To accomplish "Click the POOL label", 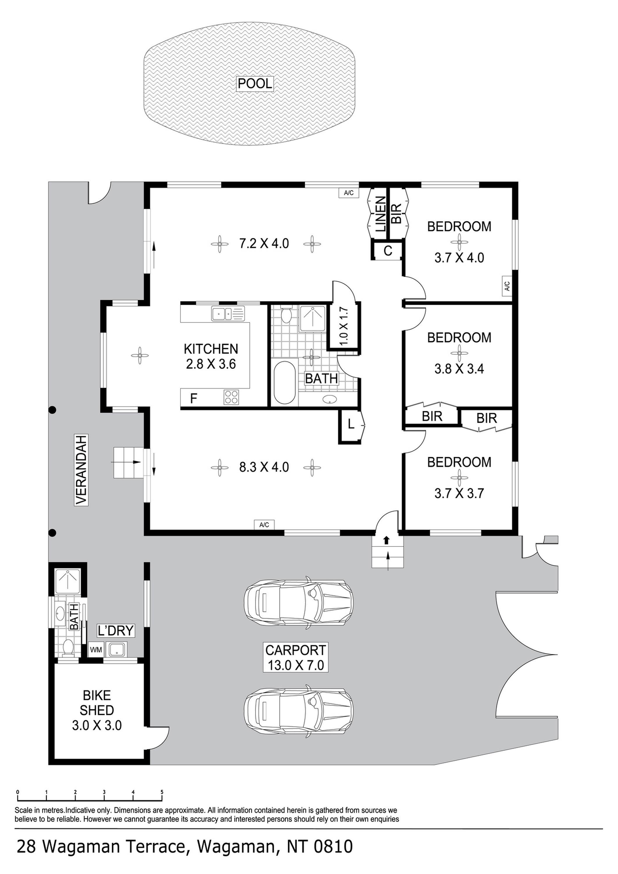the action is [255, 83].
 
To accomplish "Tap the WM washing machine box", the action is [96, 650].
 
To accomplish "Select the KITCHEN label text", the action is [211, 349].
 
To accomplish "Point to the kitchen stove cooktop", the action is [231, 397].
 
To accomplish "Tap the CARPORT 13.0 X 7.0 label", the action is [296, 658].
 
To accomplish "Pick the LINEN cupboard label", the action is [381, 214].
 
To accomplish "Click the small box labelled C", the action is [387, 251].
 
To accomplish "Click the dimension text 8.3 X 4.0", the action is [264, 467].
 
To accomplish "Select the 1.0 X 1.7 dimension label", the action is [344, 326].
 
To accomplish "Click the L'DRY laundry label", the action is [116, 631].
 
